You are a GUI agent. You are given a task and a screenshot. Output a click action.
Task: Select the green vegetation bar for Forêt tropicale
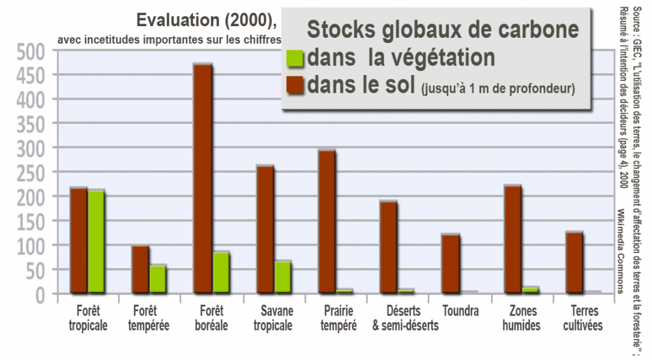[x=96, y=241]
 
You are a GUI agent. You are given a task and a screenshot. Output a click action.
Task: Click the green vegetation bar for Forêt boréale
[x=220, y=272]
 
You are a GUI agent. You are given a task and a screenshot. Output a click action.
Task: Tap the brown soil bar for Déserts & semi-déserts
[x=389, y=247]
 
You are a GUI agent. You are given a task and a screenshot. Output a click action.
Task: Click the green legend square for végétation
[x=295, y=58]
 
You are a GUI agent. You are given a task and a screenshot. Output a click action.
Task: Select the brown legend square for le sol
[x=295, y=85]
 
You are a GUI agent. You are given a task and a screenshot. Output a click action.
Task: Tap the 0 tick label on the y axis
[x=40, y=294]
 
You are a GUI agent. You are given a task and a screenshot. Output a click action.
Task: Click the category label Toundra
[x=460, y=311]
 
